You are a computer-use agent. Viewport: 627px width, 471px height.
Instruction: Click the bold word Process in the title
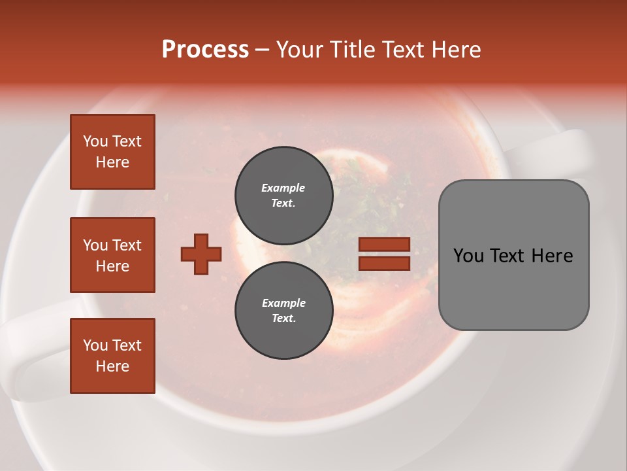pos(205,50)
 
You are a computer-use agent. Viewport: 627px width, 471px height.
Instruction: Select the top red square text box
pos(112,152)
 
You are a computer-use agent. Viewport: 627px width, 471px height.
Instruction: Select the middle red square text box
pos(112,255)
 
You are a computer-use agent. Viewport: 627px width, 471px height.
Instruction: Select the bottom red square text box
pos(112,356)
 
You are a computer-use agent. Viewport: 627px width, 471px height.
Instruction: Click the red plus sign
pos(201,254)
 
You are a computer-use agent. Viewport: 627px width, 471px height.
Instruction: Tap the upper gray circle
pos(283,196)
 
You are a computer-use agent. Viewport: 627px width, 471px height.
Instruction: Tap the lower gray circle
pos(283,311)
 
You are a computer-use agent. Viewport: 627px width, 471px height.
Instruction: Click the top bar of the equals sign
pos(384,245)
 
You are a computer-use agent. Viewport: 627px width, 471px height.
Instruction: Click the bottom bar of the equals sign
pos(384,263)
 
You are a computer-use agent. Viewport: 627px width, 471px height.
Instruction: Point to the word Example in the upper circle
pos(283,188)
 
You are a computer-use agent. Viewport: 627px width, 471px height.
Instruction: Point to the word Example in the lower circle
pos(283,303)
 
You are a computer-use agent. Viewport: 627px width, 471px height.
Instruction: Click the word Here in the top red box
pos(112,162)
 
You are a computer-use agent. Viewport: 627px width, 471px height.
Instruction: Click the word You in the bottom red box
pos(95,345)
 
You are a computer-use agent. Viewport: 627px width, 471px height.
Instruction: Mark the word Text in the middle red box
pos(127,245)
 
